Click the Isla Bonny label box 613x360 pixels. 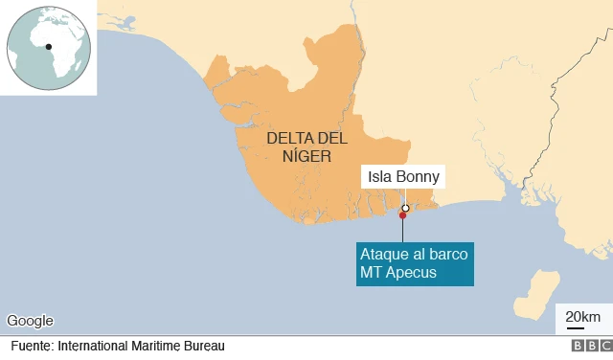[404, 177]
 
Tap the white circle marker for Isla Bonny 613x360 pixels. [405, 208]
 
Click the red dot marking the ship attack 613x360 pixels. [402, 215]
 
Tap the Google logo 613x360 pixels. [30, 321]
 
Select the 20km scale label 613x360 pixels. [582, 317]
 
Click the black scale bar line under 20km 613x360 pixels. [576, 327]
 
